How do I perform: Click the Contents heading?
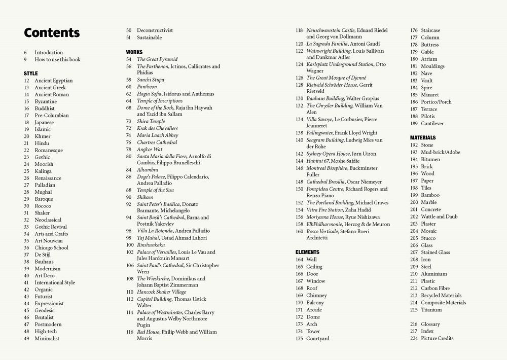coord(52,33)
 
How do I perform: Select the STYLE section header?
coord(30,74)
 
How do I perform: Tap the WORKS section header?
coord(134,52)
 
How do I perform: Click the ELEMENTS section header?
coord(307,252)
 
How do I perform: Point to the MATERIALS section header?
coord(423,138)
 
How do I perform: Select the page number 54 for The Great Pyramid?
coord(129,59)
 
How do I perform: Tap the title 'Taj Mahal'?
coord(148,238)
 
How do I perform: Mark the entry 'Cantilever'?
coord(432,123)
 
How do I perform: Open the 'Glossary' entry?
coord(430,324)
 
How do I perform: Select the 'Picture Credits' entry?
coord(437,338)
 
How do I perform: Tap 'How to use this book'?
coord(57,59)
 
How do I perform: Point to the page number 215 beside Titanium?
coord(414,310)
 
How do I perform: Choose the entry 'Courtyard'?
coord(318,338)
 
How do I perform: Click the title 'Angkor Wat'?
coord(150,150)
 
